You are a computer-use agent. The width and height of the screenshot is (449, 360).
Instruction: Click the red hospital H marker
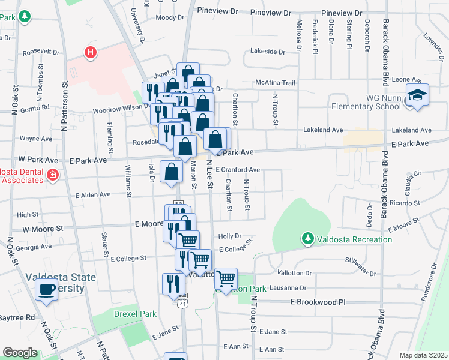coord(90,53)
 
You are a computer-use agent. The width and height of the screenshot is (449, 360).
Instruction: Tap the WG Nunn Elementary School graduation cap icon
coord(417,96)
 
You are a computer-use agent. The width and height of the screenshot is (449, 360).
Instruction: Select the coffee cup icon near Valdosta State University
coord(46,290)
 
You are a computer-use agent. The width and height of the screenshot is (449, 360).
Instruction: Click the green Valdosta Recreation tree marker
coord(308,239)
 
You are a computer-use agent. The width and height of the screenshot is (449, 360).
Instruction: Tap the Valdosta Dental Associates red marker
coord(52,175)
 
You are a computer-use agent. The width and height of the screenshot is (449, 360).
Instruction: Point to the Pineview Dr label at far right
coord(342,13)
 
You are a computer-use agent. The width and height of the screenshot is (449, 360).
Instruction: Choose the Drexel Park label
coord(135,314)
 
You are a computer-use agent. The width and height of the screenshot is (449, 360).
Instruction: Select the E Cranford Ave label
coord(238,170)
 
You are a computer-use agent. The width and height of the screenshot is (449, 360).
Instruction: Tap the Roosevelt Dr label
coord(41,52)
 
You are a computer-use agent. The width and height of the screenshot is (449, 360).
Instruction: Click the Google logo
coord(20,353)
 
